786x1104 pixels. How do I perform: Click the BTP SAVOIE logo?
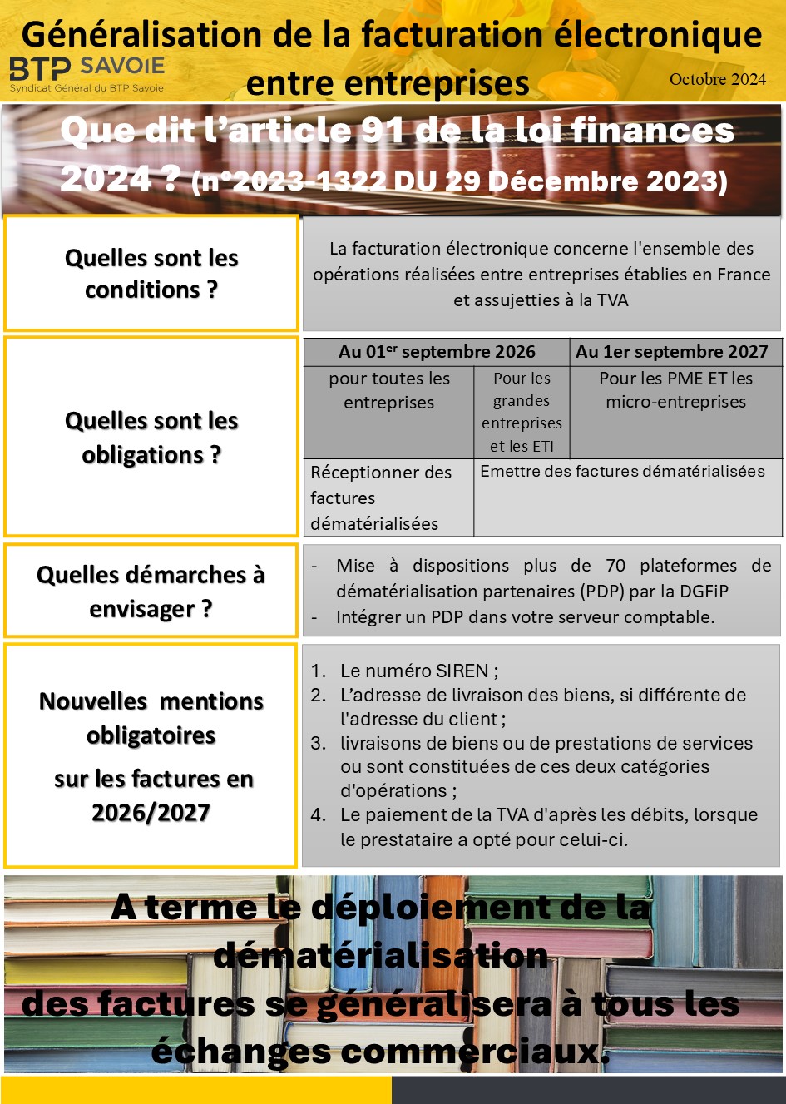pyautogui.click(x=87, y=73)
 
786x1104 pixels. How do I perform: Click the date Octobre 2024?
pyautogui.click(x=717, y=80)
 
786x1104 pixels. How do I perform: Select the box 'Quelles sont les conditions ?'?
pyautogui.click(x=151, y=273)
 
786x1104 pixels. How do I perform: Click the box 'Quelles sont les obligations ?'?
pyautogui.click(x=151, y=437)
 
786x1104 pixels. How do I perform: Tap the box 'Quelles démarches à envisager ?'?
pyautogui.click(x=151, y=591)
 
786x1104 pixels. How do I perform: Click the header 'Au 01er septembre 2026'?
pyautogui.click(x=437, y=352)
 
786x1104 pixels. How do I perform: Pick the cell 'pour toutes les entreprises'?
pyautogui.click(x=389, y=390)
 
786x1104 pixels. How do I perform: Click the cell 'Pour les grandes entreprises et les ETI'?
pyautogui.click(x=522, y=412)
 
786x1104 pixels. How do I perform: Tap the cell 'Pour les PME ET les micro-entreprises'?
pyautogui.click(x=675, y=390)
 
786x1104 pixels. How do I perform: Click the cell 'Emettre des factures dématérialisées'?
pyautogui.click(x=622, y=472)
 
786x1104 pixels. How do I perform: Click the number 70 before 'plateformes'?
pyautogui.click(x=615, y=566)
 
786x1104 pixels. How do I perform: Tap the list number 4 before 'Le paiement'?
pyautogui.click(x=318, y=815)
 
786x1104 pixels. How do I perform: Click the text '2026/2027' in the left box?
pyautogui.click(x=151, y=812)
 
